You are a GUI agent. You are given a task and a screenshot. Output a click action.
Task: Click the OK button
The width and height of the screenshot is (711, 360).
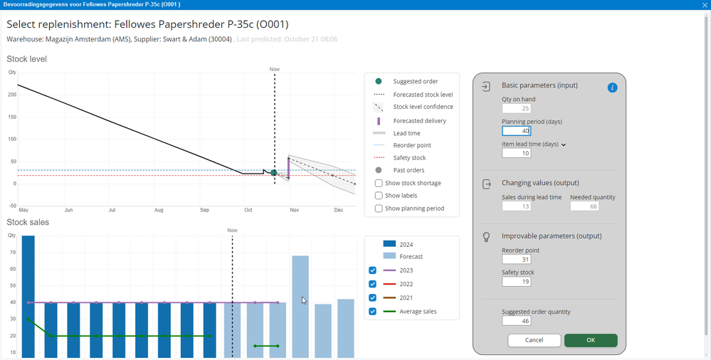591,340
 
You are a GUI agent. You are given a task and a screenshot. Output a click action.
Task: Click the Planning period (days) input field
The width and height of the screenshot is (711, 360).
516,131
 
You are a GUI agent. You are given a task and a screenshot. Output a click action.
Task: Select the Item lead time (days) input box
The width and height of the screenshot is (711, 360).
516,153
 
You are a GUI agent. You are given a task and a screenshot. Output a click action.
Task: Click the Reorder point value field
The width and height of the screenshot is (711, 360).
516,260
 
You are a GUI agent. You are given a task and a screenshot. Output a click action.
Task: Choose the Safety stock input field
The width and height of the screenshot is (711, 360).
516,282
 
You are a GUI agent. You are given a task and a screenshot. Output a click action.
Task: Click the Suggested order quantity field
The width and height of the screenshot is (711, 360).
516,321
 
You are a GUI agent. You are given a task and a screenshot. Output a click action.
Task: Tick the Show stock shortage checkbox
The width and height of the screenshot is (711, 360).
379,183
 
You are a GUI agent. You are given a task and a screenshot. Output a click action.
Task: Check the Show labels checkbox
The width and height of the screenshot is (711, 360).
379,196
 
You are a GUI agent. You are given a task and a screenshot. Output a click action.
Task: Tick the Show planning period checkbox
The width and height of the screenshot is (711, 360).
379,208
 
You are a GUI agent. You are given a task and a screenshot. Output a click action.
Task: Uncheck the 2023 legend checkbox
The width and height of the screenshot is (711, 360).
372,270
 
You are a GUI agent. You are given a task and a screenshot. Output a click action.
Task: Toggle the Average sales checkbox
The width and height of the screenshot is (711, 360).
372,312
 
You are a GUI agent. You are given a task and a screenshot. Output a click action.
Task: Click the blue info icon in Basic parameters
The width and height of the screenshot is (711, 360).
612,88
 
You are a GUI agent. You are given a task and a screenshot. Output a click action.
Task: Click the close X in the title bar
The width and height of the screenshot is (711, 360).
704,4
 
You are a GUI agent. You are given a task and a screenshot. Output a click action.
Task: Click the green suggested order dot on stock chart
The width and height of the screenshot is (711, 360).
274,173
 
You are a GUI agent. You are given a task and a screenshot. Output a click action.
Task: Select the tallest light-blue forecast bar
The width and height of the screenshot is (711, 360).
300,307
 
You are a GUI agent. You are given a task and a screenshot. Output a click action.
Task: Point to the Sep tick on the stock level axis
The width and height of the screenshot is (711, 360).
204,210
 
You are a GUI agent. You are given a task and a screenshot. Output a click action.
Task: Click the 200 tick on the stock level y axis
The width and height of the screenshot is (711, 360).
12,95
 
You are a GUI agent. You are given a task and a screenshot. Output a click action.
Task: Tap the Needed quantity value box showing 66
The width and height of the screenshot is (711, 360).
584,206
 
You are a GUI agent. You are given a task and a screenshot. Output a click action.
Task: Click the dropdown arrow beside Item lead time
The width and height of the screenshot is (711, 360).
564,144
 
